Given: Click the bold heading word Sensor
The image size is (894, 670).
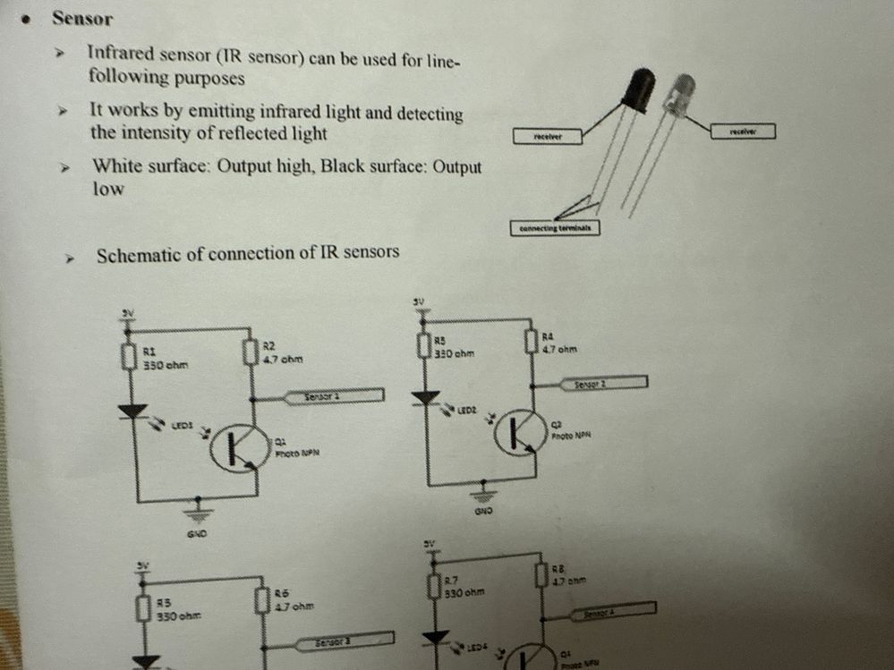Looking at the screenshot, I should click(82, 18).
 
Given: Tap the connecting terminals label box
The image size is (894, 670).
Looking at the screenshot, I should click(555, 228).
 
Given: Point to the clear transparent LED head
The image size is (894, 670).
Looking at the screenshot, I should click(681, 95).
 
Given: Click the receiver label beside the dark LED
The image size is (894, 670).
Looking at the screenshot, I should click(546, 137).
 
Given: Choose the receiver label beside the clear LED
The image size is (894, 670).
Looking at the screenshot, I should click(743, 131).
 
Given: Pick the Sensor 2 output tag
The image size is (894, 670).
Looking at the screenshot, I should click(602, 384).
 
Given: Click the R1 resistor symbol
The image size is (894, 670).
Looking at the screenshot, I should click(127, 357).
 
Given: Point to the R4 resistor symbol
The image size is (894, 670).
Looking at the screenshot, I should click(530, 341).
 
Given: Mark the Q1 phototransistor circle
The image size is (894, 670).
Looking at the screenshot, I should click(239, 450).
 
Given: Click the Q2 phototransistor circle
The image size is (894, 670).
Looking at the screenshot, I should click(520, 433).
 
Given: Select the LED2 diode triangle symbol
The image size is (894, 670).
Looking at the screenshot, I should click(427, 397).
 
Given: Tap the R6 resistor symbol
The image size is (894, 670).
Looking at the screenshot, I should click(261, 600).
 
